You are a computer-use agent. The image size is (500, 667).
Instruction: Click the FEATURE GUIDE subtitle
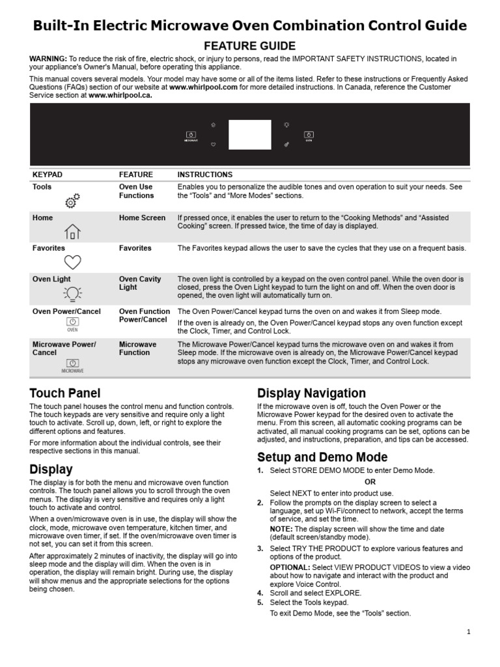(250, 46)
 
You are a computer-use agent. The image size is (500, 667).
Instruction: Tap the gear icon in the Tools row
(73, 201)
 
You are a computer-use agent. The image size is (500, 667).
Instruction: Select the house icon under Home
(72, 231)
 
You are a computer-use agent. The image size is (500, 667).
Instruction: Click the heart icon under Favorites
(72, 262)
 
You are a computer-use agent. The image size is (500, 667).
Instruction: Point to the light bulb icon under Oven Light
(72, 294)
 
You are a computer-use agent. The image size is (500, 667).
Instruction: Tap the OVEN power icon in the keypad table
(72, 324)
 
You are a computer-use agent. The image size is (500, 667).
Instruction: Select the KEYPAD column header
(48, 175)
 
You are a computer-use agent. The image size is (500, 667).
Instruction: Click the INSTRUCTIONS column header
(204, 175)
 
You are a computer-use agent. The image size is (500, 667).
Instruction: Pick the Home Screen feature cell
(142, 218)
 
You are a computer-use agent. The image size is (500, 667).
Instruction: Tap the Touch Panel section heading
(65, 393)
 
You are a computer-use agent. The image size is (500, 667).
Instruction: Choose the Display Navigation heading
(311, 393)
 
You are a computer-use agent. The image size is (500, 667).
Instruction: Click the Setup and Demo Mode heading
(322, 457)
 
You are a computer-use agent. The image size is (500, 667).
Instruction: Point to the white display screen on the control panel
(250, 134)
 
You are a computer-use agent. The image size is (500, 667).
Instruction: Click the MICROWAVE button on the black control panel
(191, 135)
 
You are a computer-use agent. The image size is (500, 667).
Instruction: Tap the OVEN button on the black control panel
(309, 135)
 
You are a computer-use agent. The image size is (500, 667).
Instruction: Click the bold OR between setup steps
(370, 481)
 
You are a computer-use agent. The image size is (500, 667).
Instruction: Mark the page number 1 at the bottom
(468, 631)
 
